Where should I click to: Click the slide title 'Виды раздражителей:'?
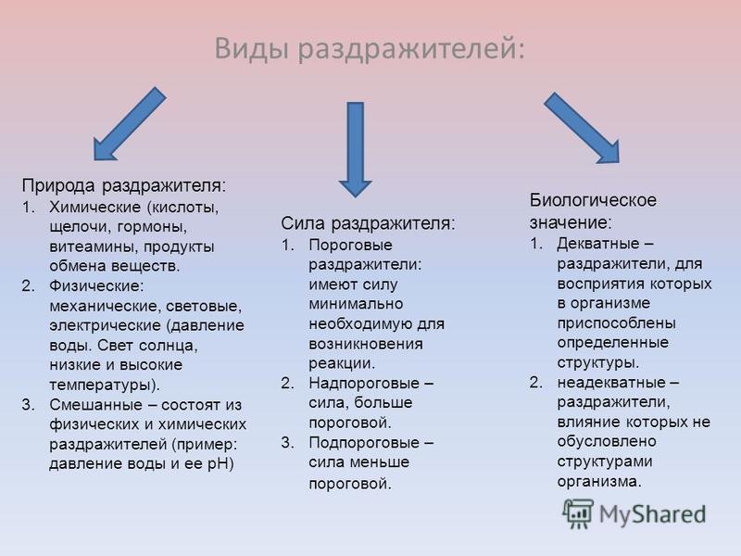click(x=370, y=49)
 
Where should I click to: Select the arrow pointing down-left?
click(x=130, y=124)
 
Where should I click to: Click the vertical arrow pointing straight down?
click(x=356, y=149)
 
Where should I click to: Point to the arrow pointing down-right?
click(x=582, y=128)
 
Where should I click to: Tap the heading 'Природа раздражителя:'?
click(x=124, y=184)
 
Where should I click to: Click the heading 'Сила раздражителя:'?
click(x=368, y=223)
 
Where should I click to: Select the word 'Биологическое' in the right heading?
click(x=593, y=200)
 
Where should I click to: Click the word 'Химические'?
click(x=95, y=207)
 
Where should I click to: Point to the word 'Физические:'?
click(x=96, y=286)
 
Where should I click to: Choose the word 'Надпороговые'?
click(x=364, y=383)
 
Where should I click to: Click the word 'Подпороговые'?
click(x=364, y=443)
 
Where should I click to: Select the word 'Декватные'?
click(x=598, y=244)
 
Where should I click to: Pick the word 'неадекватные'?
click(x=611, y=382)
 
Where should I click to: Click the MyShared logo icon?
click(x=577, y=513)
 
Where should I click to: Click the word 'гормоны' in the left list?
click(x=149, y=227)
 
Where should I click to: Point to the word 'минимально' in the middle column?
click(x=356, y=304)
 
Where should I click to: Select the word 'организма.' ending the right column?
click(x=599, y=482)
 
